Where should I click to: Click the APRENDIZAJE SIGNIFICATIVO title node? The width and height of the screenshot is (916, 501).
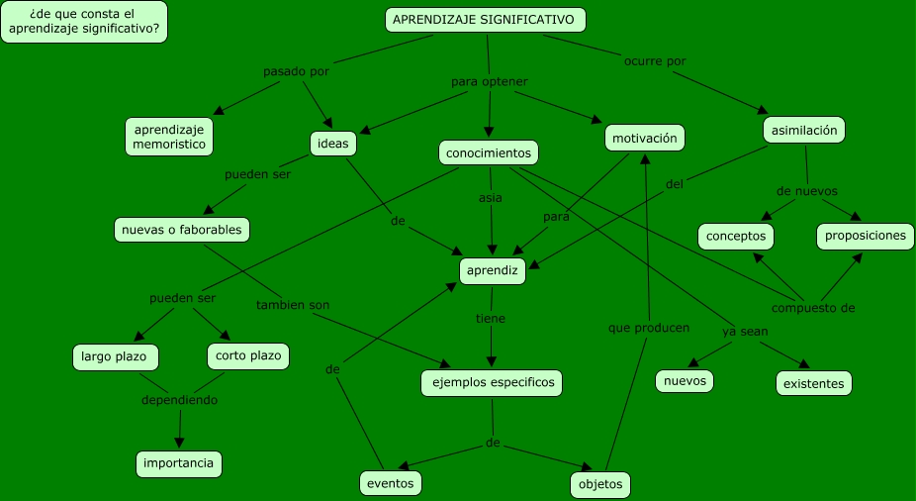click(x=485, y=20)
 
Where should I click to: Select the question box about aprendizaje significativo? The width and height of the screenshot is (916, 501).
click(x=84, y=22)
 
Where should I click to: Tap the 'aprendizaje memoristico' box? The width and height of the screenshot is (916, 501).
click(x=170, y=137)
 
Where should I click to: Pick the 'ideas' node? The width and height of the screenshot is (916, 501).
click(x=332, y=144)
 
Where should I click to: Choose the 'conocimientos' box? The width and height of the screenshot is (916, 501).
click(x=489, y=152)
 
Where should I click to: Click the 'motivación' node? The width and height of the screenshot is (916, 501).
click(x=644, y=139)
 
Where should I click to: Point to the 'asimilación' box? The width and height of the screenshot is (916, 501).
click(x=804, y=130)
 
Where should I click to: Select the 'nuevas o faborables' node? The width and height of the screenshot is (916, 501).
click(x=182, y=230)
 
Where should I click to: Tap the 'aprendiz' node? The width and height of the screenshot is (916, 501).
click(x=492, y=270)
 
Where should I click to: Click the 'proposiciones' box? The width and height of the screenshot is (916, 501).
click(x=866, y=236)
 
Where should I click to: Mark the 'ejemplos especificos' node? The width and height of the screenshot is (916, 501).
click(x=492, y=383)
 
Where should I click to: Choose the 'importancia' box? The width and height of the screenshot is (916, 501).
click(x=179, y=463)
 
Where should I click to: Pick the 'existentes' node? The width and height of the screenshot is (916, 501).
click(x=813, y=382)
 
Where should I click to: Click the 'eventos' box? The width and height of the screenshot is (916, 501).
click(x=391, y=483)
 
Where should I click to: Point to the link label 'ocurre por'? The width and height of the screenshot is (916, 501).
click(x=655, y=61)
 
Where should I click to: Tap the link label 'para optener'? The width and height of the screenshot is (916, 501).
click(x=490, y=81)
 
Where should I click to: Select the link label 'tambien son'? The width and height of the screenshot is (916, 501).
click(x=293, y=305)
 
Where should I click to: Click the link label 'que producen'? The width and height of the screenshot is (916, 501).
click(x=649, y=327)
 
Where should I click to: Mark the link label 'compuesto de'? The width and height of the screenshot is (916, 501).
click(x=813, y=308)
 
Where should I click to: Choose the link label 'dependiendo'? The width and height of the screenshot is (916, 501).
click(x=179, y=400)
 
